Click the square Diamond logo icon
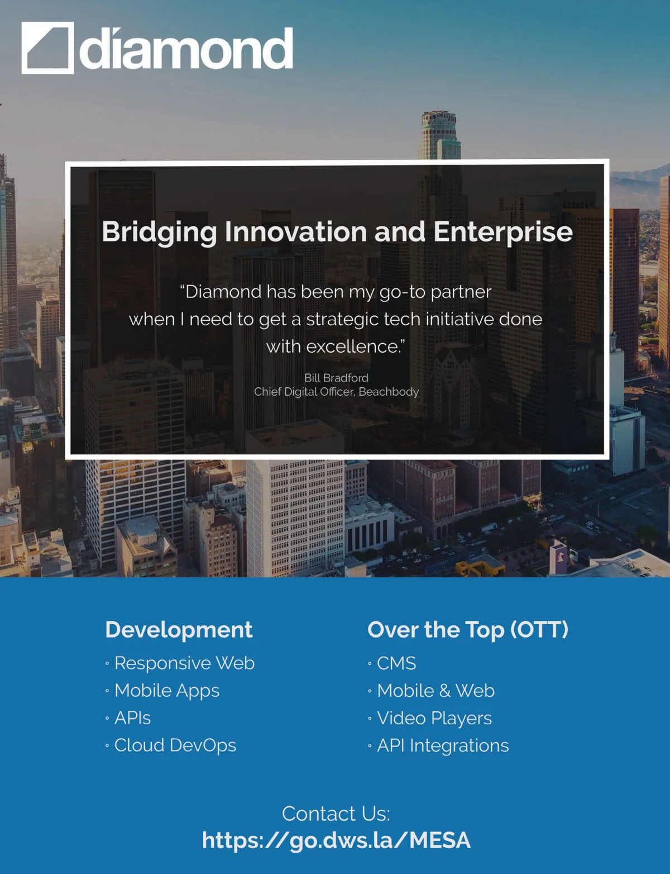coord(47,48)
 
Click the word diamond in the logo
coord(186,49)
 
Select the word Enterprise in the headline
coord(503,233)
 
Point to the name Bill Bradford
coord(336,378)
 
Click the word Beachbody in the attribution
coord(389,392)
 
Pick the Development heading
coord(179,629)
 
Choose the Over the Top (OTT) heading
coord(468,629)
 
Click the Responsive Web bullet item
coord(184,663)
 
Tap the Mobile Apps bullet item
coord(167,691)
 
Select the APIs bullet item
coord(132,718)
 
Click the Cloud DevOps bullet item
coord(175,745)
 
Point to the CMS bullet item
coord(396,663)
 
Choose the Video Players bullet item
coord(434,718)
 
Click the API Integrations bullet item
coord(443,745)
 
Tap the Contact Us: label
coord(336,814)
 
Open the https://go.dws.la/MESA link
coord(336,840)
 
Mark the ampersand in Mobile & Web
coord(444,691)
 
